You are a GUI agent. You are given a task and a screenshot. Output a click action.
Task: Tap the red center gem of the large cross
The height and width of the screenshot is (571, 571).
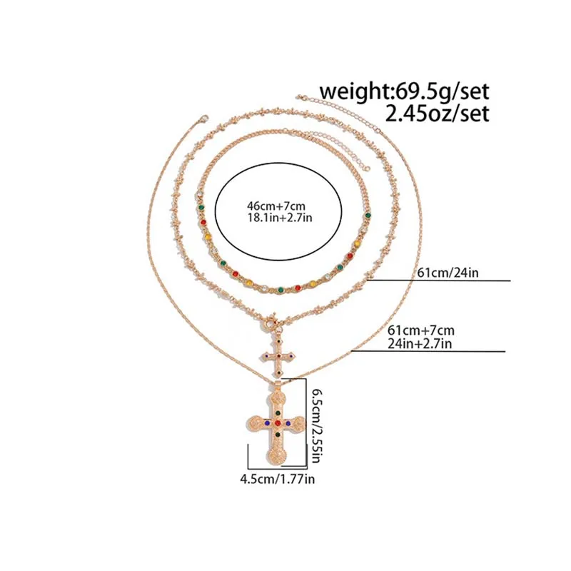[276, 423]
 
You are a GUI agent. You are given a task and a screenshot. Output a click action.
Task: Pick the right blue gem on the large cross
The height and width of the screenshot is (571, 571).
[288, 423]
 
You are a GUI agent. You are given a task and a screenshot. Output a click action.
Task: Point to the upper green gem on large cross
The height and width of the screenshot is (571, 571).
[276, 413]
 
